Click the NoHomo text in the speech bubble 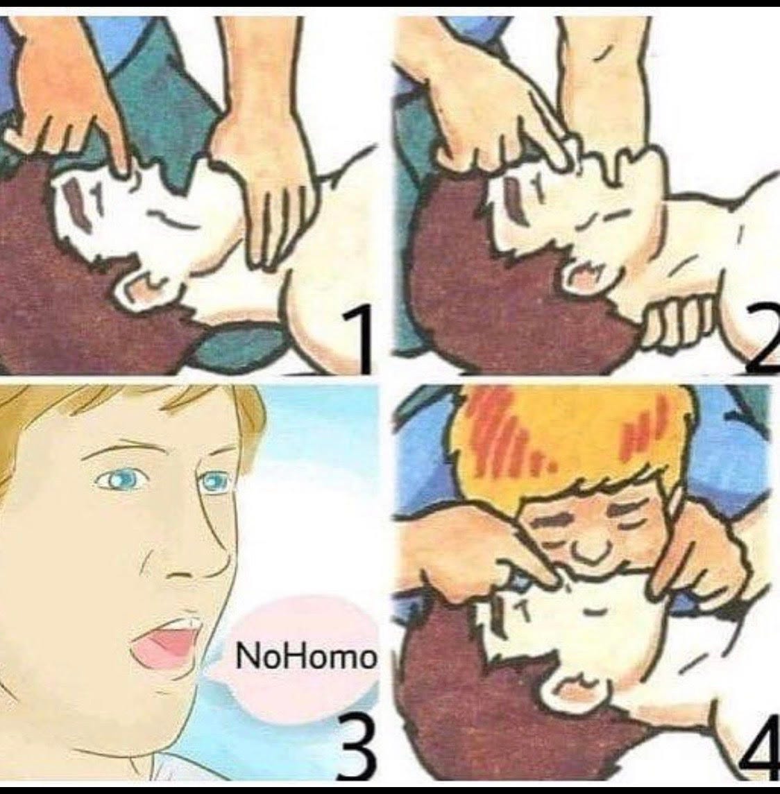point(306,656)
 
